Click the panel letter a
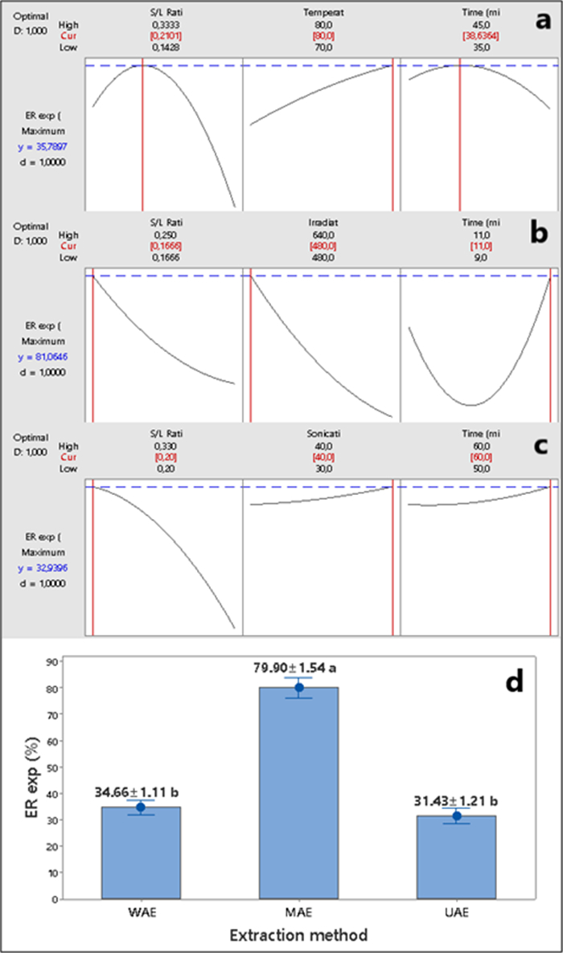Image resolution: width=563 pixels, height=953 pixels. click(x=544, y=20)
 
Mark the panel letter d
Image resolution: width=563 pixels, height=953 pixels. click(x=512, y=681)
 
